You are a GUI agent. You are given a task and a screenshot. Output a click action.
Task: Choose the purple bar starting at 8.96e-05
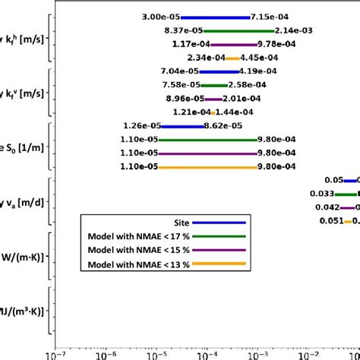[x=213, y=99]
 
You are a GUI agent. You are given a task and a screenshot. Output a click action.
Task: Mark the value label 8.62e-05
[x=223, y=126]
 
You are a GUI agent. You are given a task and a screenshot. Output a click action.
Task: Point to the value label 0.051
[x=331, y=221]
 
